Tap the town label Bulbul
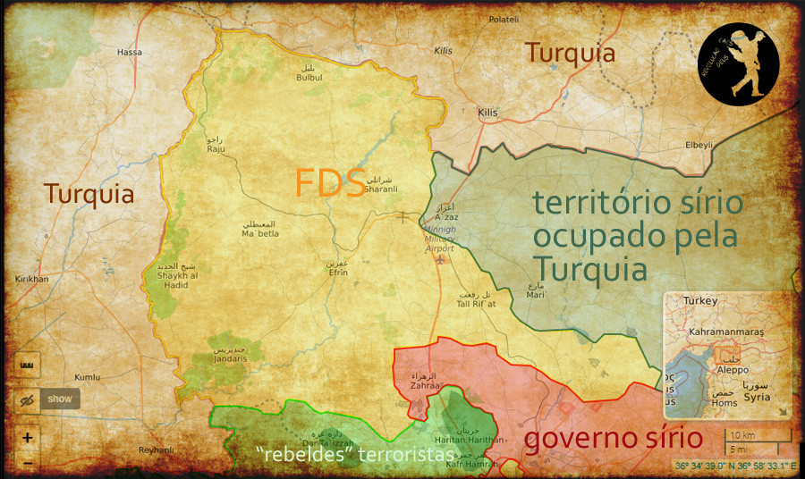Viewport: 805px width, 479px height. click(309, 78)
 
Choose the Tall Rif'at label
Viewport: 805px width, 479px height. click(476, 304)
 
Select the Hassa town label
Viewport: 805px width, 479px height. click(130, 53)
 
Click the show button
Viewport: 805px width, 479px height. click(60, 399)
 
